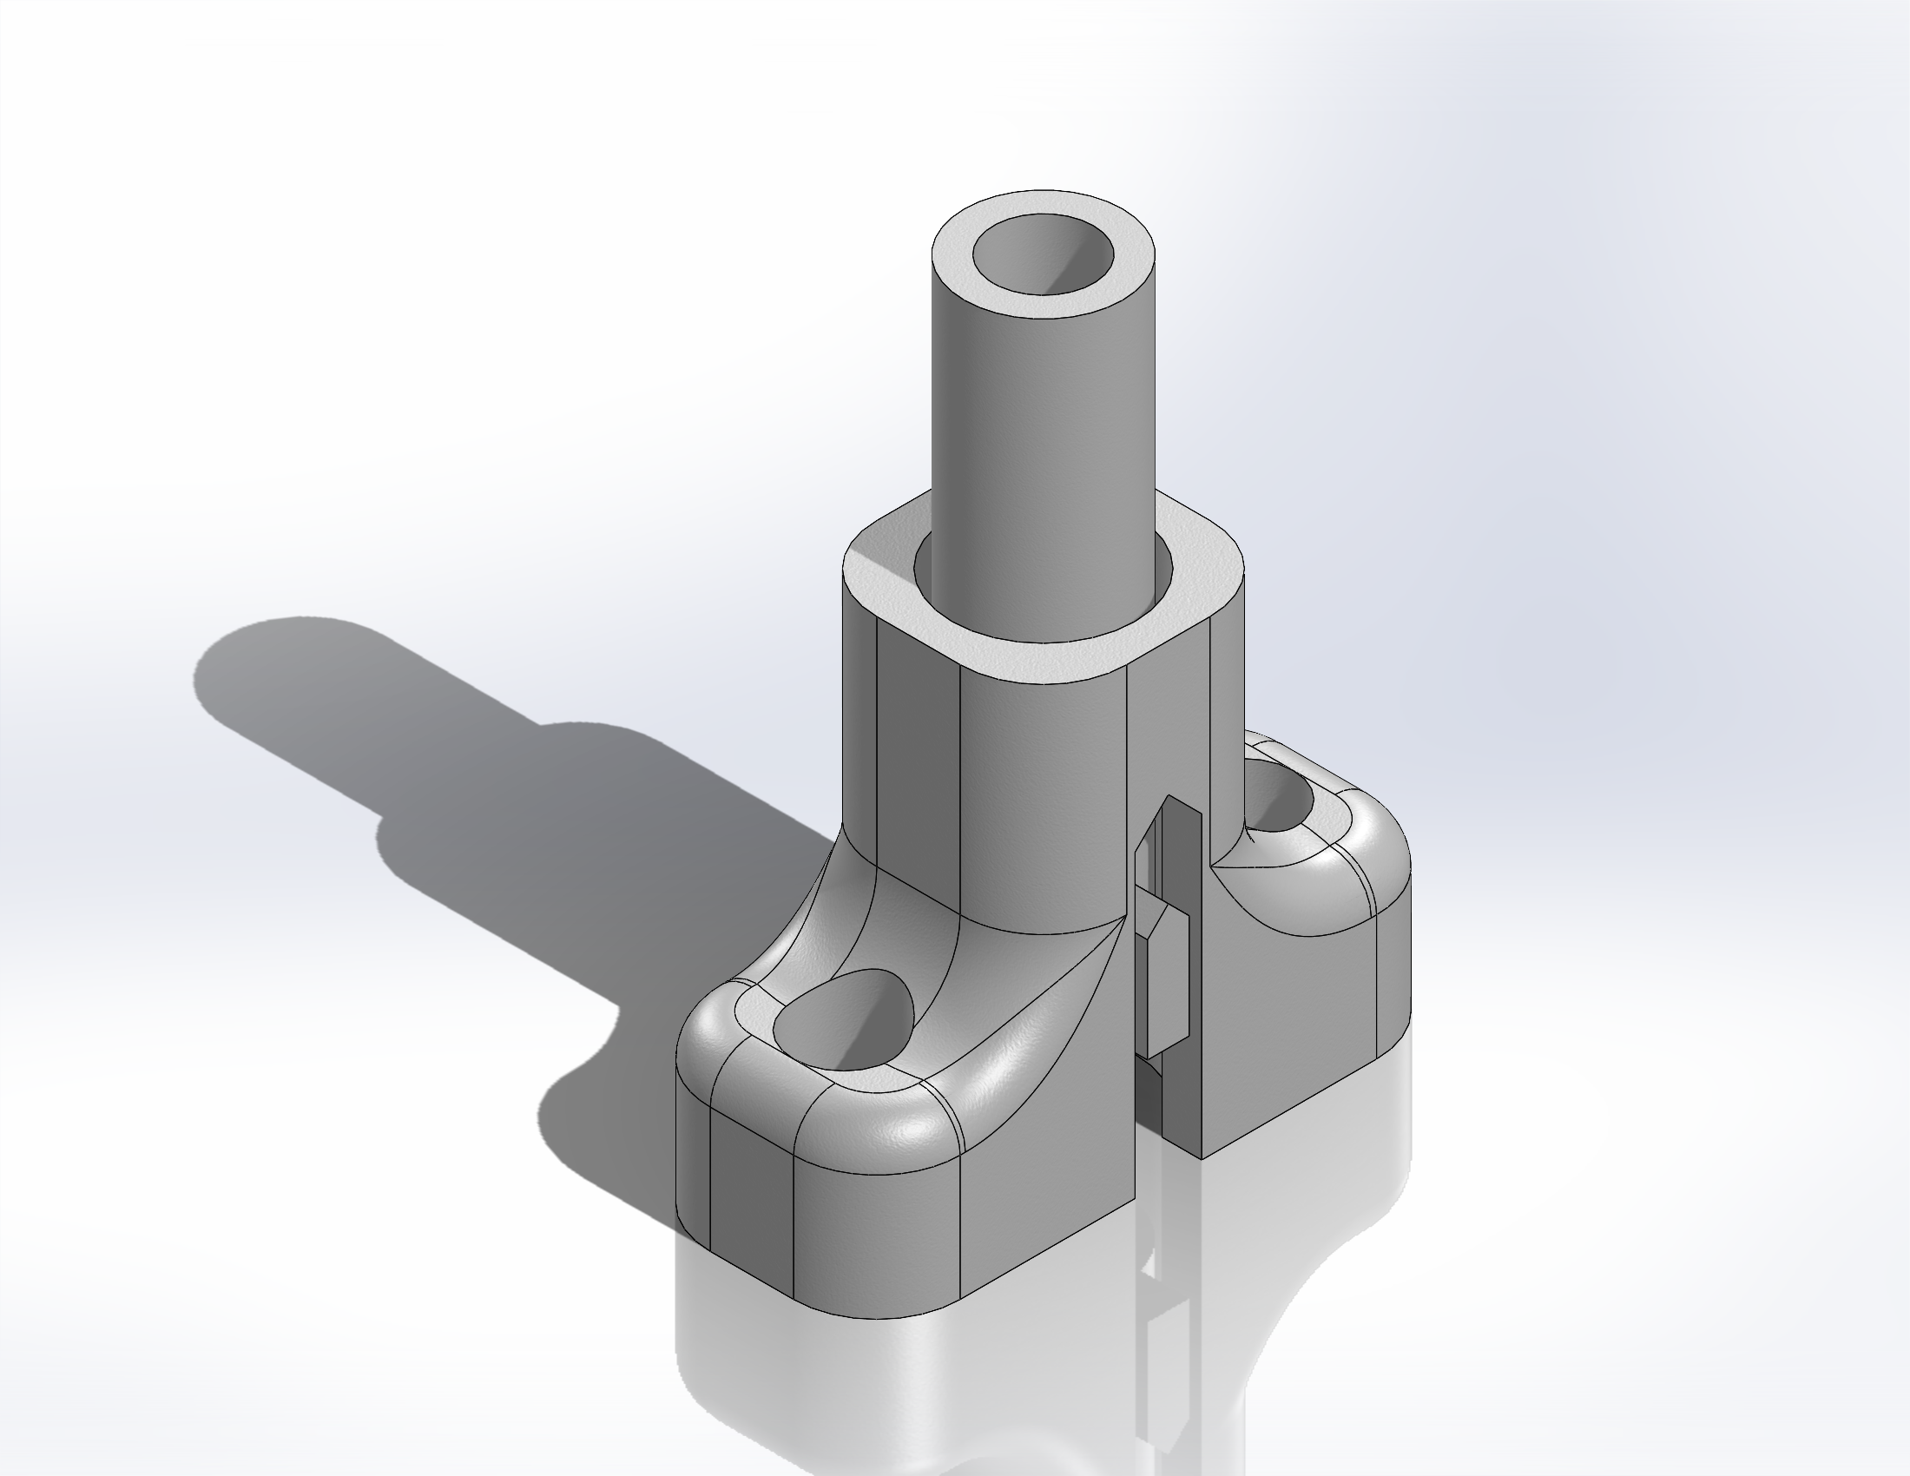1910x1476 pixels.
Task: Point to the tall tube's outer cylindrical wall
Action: coord(1041,419)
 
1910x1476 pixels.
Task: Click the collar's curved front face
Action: coord(1041,787)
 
